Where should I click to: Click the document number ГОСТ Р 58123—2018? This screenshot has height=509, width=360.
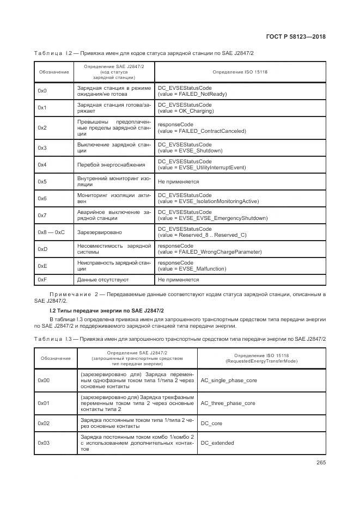tap(300, 37)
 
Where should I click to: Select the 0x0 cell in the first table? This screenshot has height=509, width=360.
tap(42, 90)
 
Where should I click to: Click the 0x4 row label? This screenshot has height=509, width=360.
tap(42, 164)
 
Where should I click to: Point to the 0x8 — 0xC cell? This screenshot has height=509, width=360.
tap(51, 232)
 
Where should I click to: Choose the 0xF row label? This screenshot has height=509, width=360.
tap(42, 280)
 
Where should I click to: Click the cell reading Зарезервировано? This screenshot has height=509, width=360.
tap(99, 232)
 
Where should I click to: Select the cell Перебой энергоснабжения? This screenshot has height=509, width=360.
tap(111, 164)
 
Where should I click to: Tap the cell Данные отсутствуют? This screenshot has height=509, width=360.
tap(103, 280)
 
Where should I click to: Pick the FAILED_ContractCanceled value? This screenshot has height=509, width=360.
tap(202, 131)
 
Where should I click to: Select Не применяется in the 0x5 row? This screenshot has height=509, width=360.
tap(178, 182)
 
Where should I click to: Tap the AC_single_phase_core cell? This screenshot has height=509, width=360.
tap(228, 381)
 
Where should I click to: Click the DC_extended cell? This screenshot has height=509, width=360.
tap(217, 443)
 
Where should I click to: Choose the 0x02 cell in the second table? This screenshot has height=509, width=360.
tap(44, 422)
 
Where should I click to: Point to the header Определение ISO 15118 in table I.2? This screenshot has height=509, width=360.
tap(240, 71)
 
